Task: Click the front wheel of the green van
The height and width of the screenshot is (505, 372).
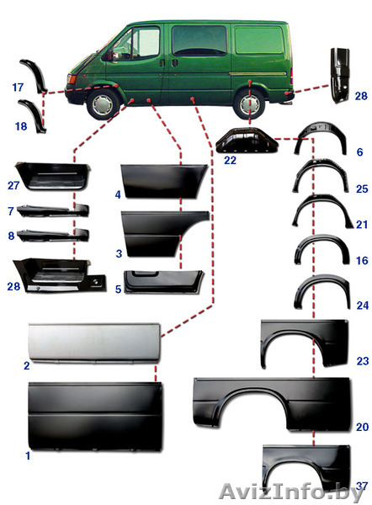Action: coord(103,104)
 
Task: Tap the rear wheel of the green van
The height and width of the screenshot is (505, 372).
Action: coord(250,104)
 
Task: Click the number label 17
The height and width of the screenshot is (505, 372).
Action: coord(18,87)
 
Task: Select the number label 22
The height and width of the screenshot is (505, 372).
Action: coord(230,160)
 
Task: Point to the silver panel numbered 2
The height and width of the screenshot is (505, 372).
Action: coord(94,343)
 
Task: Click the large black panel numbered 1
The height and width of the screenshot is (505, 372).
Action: coord(95,416)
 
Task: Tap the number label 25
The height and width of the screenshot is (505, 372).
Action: coord(362,189)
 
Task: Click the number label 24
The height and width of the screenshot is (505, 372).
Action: coord(363,305)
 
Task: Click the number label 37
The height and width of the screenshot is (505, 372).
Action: coord(362,486)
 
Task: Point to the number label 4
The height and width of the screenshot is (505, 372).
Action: coord(118,194)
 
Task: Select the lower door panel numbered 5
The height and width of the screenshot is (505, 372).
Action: coord(163,282)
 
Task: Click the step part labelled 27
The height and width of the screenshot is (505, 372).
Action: coord(53,177)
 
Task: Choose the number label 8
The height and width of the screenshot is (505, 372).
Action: coord(11,236)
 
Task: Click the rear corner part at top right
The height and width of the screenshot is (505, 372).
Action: coord(340,75)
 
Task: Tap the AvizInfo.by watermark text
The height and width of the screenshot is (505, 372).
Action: coord(291,492)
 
